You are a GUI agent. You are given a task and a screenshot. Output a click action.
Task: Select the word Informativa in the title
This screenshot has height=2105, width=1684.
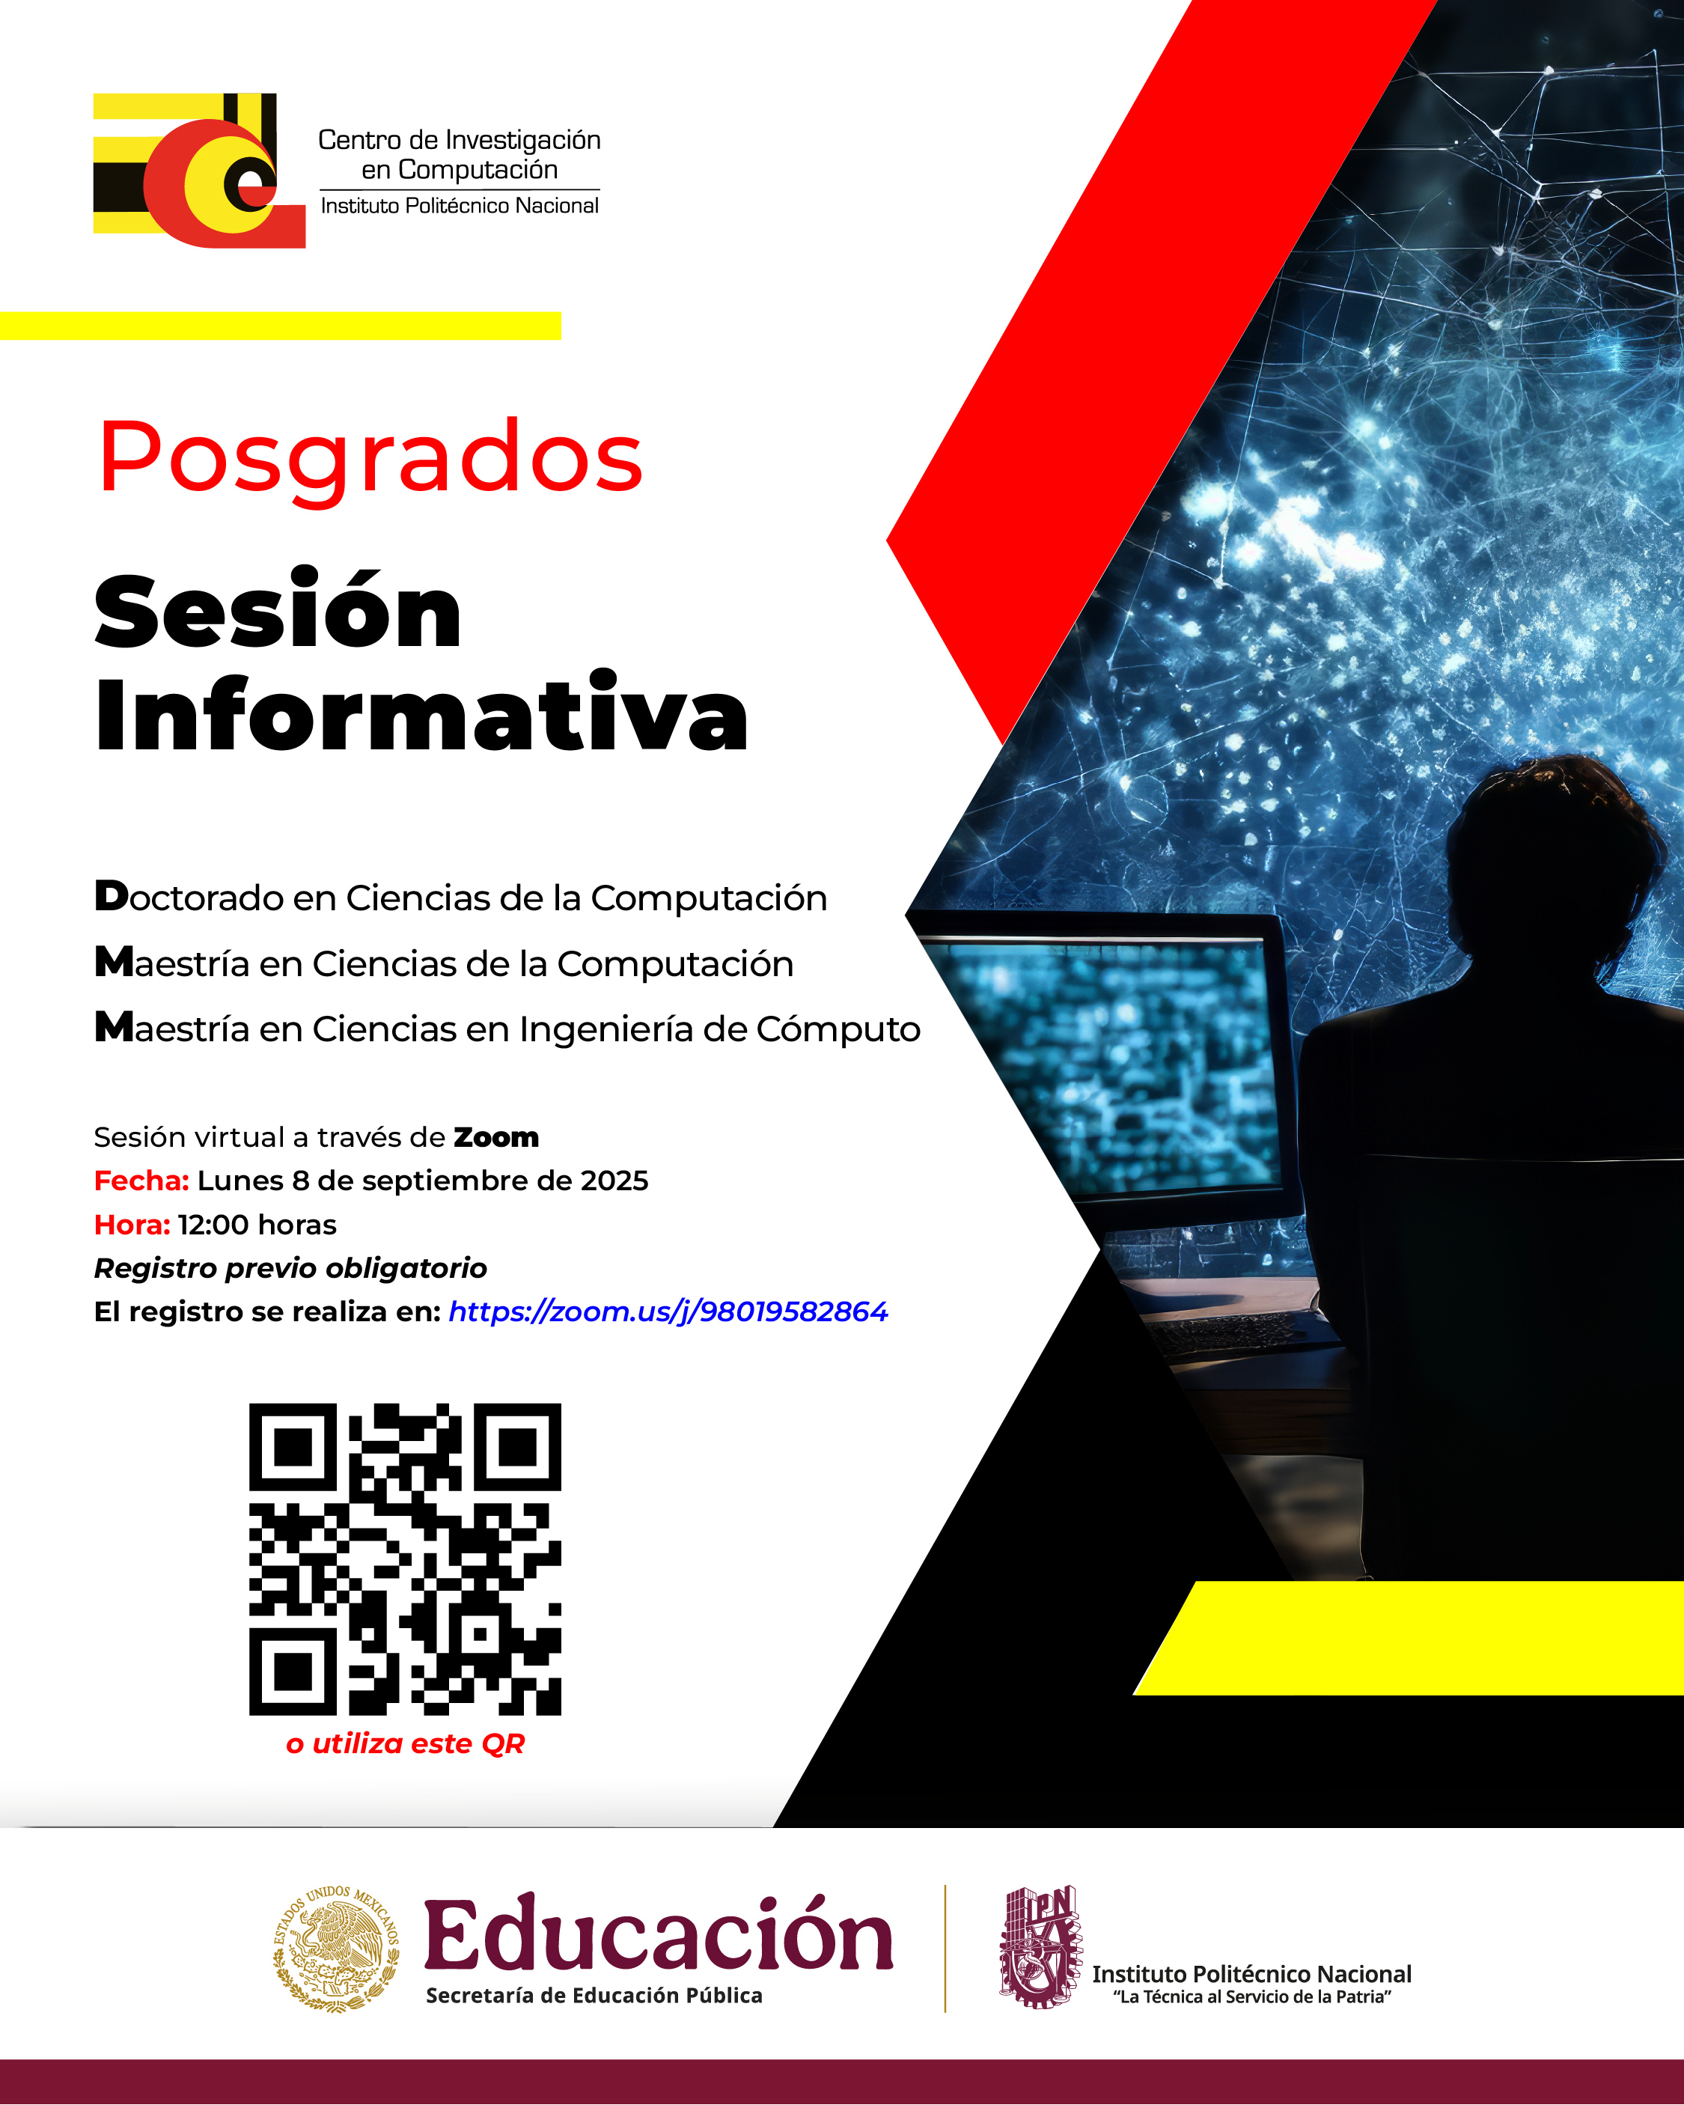click(x=421, y=715)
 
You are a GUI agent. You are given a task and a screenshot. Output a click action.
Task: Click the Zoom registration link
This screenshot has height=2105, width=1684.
click(x=668, y=1312)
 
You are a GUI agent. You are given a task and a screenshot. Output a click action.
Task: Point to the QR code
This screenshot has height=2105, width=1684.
click(x=404, y=1559)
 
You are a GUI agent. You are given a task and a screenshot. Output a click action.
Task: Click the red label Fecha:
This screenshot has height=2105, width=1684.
click(x=141, y=1181)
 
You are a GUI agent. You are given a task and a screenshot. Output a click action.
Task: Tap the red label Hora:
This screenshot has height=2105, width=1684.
click(x=132, y=1225)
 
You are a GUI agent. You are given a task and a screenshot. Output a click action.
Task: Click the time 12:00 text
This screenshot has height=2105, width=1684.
click(x=213, y=1225)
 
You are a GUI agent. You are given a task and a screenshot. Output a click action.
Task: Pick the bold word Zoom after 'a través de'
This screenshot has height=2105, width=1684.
click(x=496, y=1137)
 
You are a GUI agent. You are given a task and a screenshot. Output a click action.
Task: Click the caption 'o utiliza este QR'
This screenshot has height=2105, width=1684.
click(x=404, y=1743)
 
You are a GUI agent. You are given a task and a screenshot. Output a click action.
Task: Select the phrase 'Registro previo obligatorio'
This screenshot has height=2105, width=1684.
click(x=290, y=1267)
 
